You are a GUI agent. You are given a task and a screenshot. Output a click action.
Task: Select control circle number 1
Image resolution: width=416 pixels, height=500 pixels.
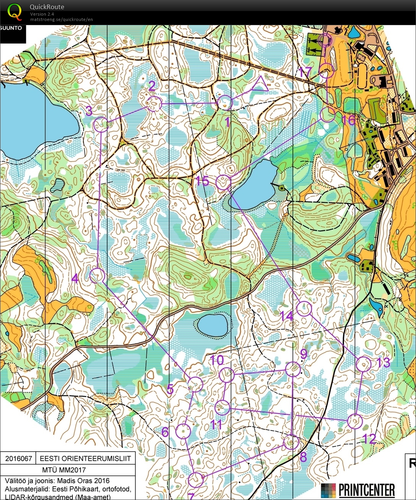click(x=225, y=103)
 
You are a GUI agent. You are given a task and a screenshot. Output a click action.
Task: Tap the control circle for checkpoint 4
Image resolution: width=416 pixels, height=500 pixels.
click(x=97, y=275)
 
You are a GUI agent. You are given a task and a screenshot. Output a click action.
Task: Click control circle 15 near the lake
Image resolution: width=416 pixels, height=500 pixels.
click(x=223, y=183)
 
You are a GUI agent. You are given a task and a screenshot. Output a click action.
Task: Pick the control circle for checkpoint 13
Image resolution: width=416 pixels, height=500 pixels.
click(x=363, y=364)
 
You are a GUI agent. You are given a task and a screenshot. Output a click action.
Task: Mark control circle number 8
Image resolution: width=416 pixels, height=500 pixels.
click(x=291, y=442)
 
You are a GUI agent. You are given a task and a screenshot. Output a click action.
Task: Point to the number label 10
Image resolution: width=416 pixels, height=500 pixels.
click(x=217, y=360)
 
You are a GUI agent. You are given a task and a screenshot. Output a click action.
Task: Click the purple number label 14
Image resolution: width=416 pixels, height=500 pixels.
click(x=286, y=316)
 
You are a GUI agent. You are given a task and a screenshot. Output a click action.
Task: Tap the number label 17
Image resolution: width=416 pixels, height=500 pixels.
click(x=305, y=72)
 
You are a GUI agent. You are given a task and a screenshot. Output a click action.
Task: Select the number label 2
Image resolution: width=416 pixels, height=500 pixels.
click(x=151, y=86)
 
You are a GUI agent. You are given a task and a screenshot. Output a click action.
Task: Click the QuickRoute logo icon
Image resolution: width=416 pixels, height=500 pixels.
click(x=15, y=11)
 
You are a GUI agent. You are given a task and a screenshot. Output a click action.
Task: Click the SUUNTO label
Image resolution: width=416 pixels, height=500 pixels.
click(x=11, y=28)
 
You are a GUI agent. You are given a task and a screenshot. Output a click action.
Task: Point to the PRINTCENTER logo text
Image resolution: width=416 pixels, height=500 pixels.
click(x=366, y=489)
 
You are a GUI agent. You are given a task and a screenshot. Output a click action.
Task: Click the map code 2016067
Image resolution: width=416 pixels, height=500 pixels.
click(x=19, y=458)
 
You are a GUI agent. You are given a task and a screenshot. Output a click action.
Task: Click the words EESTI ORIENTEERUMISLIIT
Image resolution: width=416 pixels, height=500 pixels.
click(x=85, y=458)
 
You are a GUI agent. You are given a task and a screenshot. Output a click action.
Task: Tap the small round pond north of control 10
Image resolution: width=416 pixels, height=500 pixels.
click(x=212, y=325)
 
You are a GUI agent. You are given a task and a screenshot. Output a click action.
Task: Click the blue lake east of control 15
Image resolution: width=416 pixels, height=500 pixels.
click(x=254, y=185)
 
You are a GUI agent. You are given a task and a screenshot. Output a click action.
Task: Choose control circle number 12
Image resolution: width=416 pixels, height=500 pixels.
click(x=355, y=421)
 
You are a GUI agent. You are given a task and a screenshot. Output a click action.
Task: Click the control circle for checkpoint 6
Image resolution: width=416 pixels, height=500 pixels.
click(x=183, y=431)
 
